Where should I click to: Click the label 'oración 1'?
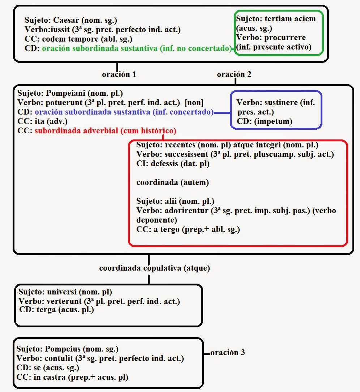[x=119, y=75]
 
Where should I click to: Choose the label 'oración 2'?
[x=234, y=75]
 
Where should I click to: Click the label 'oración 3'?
[x=228, y=352]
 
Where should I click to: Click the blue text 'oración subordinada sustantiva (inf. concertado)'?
[x=124, y=112]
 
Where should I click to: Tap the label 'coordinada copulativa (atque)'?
[x=154, y=268]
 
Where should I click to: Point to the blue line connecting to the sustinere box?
[x=222, y=113]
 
